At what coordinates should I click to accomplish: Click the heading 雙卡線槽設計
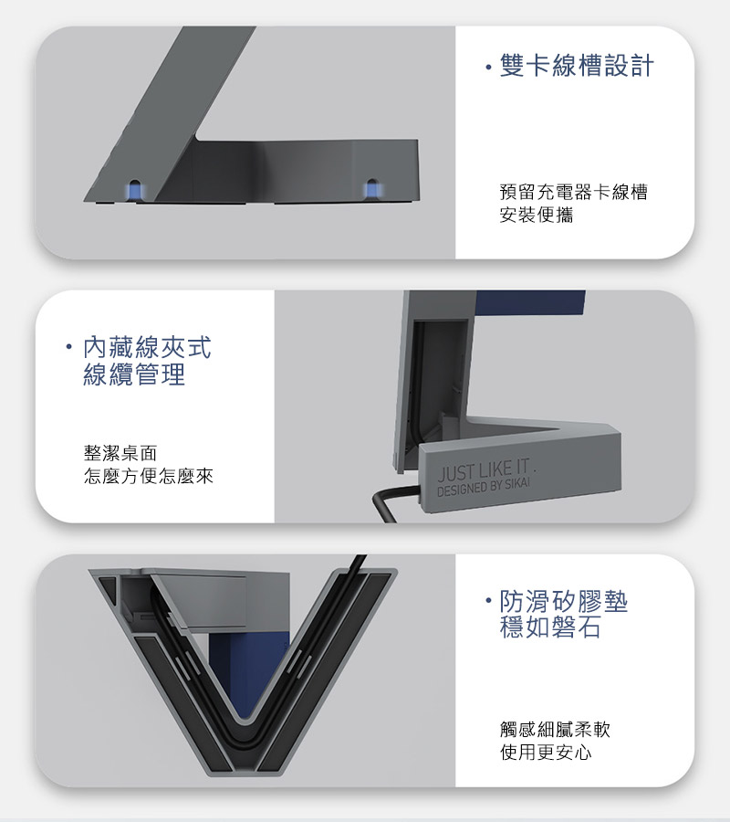[x=577, y=66]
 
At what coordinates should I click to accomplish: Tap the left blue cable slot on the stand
[x=134, y=190]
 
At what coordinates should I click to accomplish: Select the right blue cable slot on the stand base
[x=371, y=189]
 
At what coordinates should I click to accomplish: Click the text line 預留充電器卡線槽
[x=573, y=192]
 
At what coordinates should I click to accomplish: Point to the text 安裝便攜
[x=537, y=215]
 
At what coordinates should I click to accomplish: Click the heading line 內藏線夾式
[x=147, y=348]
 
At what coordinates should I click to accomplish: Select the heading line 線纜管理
[x=134, y=374]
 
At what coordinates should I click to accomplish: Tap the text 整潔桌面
[x=120, y=453]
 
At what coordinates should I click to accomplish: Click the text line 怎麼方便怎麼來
[x=148, y=476]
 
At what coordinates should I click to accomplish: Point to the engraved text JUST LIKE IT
[x=484, y=470]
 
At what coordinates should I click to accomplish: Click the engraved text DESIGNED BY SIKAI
[x=483, y=488]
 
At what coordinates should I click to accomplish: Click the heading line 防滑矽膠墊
[x=564, y=601]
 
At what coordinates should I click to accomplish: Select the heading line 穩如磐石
[x=550, y=627]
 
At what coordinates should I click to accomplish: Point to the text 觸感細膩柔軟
[x=555, y=729]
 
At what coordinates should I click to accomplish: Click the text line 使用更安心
[x=546, y=753]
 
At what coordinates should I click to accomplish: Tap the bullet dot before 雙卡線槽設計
[x=488, y=67]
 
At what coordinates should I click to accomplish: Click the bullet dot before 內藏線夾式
[x=68, y=348]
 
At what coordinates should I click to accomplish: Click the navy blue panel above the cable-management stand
[x=530, y=303]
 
